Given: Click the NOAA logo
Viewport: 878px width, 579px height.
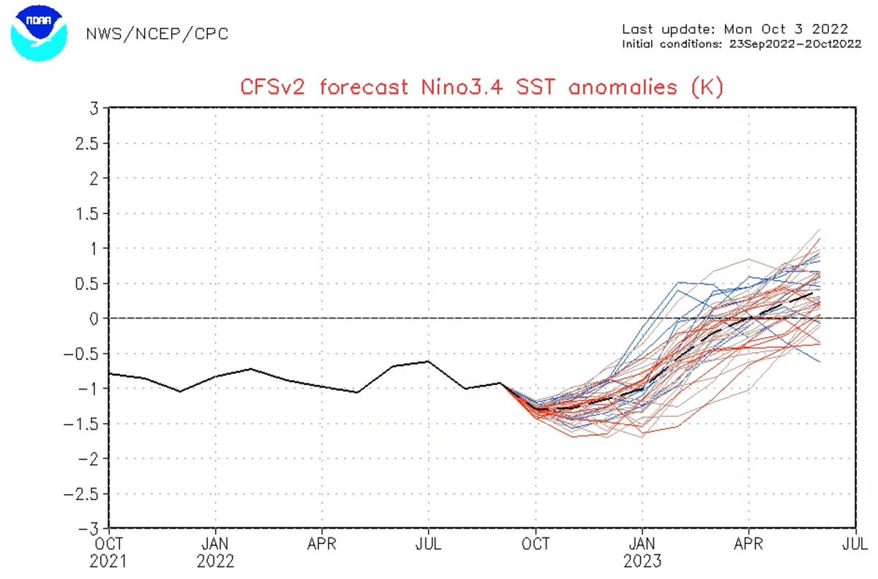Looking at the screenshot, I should coord(38,33).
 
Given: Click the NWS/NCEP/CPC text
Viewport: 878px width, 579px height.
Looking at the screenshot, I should coord(157,34).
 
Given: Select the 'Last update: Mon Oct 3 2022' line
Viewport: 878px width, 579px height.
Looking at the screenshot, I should coord(735,29).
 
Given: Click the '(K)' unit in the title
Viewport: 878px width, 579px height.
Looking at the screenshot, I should coord(706,87).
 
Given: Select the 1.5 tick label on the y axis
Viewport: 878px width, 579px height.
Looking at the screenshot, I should coord(88,213).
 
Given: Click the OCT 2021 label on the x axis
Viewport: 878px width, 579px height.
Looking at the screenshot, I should coord(109,553).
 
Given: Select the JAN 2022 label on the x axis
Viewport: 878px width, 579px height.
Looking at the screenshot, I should coord(215,553).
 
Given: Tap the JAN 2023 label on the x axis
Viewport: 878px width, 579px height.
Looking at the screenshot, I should coord(642,553).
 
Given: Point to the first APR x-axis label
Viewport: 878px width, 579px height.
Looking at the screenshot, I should coord(322,545).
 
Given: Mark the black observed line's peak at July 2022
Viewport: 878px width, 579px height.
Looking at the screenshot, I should coord(429,361).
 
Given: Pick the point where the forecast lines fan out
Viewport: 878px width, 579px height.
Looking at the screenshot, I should coord(502,384).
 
